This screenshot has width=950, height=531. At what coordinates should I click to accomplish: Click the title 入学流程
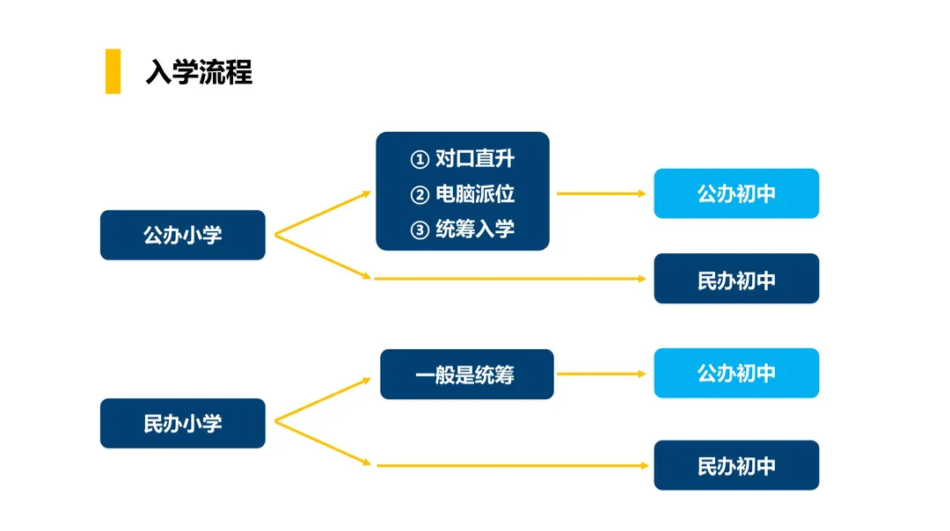pyautogui.click(x=199, y=72)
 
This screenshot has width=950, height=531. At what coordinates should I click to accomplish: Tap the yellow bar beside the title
pyautogui.click(x=113, y=71)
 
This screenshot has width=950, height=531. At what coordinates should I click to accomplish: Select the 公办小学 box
pyautogui.click(x=183, y=235)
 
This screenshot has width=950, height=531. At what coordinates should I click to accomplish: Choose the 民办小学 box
pyautogui.click(x=183, y=423)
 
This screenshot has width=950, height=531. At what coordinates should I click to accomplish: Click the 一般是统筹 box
pyautogui.click(x=467, y=375)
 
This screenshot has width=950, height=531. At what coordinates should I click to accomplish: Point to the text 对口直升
pyautogui.click(x=475, y=158)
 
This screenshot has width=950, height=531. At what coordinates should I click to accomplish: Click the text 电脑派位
pyautogui.click(x=475, y=193)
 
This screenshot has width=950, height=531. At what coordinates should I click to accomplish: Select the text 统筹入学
pyautogui.click(x=475, y=229)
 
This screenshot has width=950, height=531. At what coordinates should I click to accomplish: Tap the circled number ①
pyautogui.click(x=420, y=159)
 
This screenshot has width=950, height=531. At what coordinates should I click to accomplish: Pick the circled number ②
pyautogui.click(x=420, y=195)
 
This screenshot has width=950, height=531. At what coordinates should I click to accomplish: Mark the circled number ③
pyautogui.click(x=420, y=230)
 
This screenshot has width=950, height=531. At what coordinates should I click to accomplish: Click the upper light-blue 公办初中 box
pyautogui.click(x=737, y=193)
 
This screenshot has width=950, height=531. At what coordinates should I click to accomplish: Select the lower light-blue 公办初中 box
pyautogui.click(x=737, y=373)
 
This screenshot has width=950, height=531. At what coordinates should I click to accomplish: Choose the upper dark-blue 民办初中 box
pyautogui.click(x=737, y=279)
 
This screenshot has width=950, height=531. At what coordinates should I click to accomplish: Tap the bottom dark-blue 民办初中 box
pyautogui.click(x=737, y=465)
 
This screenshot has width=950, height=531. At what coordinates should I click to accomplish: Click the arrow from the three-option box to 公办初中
pyautogui.click(x=602, y=193)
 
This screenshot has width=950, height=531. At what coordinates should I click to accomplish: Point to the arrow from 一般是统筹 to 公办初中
pyautogui.click(x=602, y=375)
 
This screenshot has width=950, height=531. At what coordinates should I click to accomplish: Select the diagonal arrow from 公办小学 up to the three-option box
pyautogui.click(x=323, y=213)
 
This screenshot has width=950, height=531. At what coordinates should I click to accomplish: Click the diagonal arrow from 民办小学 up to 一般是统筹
pyautogui.click(x=323, y=400)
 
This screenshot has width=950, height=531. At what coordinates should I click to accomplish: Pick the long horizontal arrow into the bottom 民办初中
pyautogui.click(x=513, y=466)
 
